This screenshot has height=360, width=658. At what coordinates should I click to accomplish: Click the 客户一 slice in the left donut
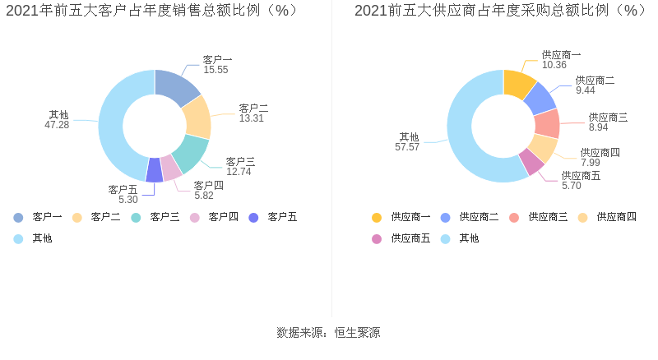[x=176, y=87]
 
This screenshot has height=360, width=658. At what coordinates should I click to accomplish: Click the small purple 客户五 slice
[x=155, y=170]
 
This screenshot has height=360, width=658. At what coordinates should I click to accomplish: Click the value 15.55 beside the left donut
[x=215, y=71]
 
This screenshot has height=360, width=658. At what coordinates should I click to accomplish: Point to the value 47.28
[x=57, y=125]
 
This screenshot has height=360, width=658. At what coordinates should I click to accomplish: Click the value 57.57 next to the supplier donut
[x=407, y=147]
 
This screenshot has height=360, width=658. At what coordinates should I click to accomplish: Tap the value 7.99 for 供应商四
[x=590, y=163]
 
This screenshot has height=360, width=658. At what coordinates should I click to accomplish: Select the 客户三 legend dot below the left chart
[x=136, y=217]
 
